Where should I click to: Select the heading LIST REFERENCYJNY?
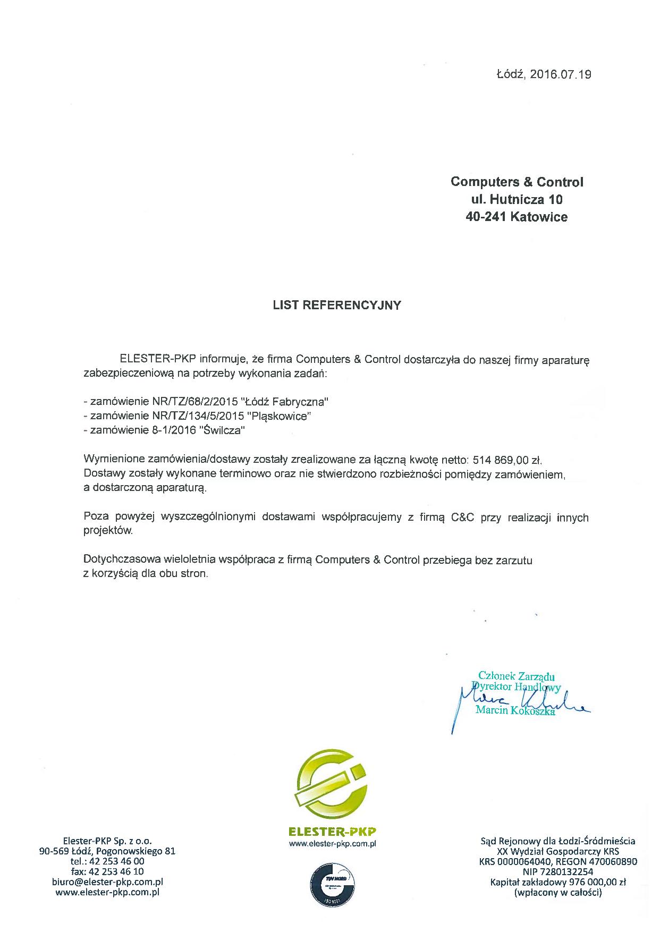[x=337, y=306]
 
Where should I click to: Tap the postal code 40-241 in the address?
[x=486, y=217]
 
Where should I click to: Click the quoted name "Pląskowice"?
[x=280, y=416]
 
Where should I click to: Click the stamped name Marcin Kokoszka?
[x=515, y=710]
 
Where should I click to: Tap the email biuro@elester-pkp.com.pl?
[x=107, y=882]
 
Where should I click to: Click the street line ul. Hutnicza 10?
[x=517, y=200]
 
